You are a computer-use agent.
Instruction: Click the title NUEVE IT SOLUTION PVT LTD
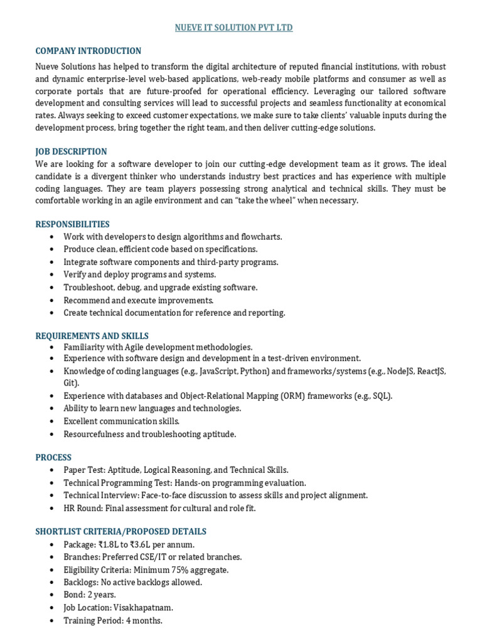click(233, 28)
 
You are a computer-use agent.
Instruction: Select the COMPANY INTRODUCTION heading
click(88, 51)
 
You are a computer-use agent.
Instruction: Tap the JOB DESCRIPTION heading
click(71, 151)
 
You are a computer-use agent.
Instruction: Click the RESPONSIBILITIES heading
click(72, 224)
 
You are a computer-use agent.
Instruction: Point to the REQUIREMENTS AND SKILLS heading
click(92, 336)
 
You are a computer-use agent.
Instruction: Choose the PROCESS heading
click(53, 457)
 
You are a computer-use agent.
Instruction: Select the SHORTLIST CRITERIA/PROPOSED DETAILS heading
click(120, 531)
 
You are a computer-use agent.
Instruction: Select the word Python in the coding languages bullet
click(253, 371)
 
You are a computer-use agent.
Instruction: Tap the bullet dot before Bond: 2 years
click(51, 595)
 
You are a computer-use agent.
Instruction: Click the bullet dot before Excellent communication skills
click(51, 421)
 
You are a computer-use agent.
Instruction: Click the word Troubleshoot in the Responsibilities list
click(89, 287)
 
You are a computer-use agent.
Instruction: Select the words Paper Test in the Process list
click(84, 470)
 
